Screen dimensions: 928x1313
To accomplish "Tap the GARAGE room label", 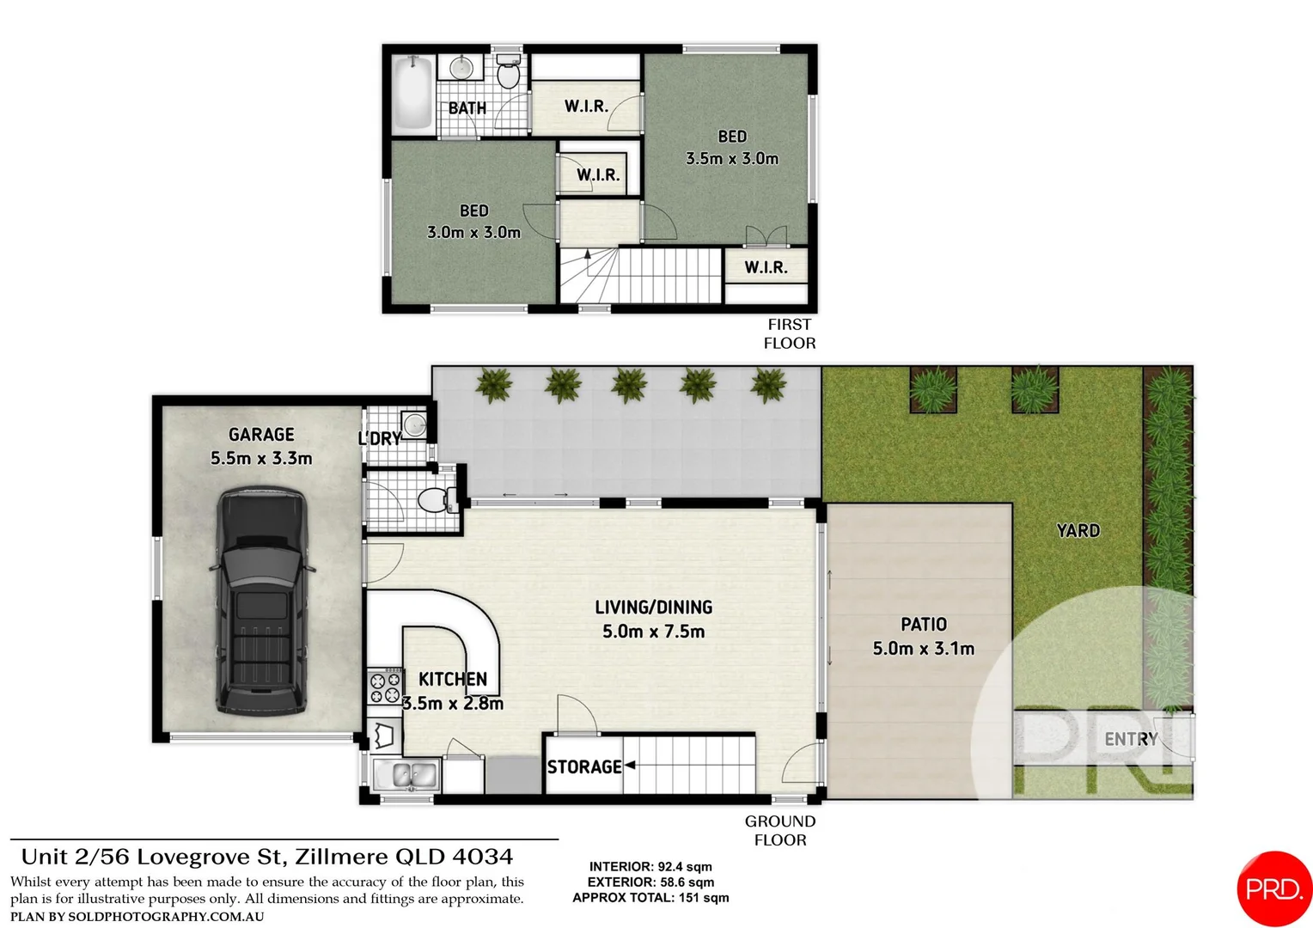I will point(261,435).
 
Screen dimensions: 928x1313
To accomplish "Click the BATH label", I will point(467,108).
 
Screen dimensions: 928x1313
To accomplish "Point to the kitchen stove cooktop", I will point(385,686).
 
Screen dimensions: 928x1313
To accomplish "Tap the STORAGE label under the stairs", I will point(584,766).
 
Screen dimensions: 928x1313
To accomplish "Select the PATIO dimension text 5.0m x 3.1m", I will point(924,649).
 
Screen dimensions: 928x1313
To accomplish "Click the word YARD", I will point(1078,531).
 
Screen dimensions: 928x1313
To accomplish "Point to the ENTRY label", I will point(1131,739).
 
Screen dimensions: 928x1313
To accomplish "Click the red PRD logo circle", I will point(1274,888).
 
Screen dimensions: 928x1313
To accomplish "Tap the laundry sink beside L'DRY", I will point(414,424).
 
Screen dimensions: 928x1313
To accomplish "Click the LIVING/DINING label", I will point(653,607).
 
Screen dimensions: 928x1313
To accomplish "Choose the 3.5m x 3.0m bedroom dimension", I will point(732,159).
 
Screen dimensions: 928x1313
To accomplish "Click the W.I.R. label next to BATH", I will point(586,107).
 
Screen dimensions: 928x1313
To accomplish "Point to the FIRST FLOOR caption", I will point(789,333).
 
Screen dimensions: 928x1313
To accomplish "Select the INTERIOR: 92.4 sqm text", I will point(650,867).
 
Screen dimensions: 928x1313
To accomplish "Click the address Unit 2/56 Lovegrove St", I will point(267,857).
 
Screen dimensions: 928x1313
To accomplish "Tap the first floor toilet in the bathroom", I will point(509,74).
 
